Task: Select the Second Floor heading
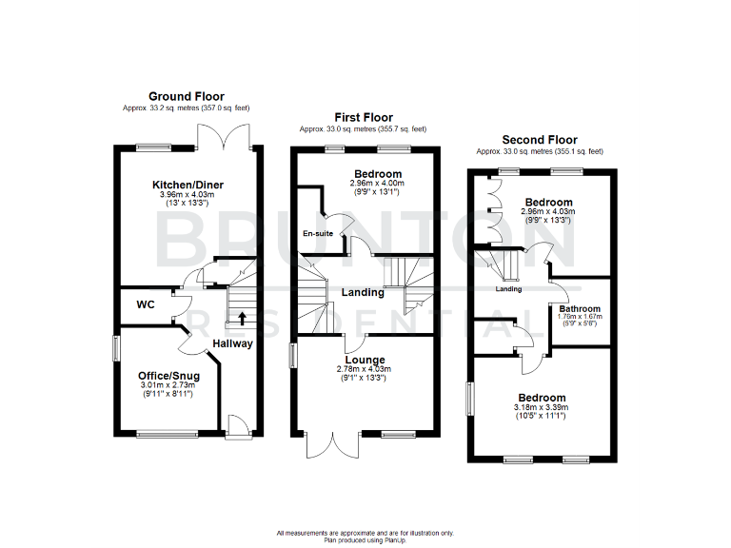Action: pos(539,140)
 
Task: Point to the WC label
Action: pos(147,305)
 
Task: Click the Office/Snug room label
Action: pos(169,376)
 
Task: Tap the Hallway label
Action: pos(233,343)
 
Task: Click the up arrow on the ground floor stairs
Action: pos(242,318)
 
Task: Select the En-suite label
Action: pos(317,233)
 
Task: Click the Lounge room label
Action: pos(364,360)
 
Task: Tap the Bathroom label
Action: pos(581,309)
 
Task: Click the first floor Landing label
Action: pos(364,292)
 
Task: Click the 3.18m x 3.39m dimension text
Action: pos(541,407)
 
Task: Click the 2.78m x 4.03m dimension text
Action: pos(364,369)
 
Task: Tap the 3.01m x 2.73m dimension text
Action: pos(168,385)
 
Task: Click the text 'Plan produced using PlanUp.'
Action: pos(365,539)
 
